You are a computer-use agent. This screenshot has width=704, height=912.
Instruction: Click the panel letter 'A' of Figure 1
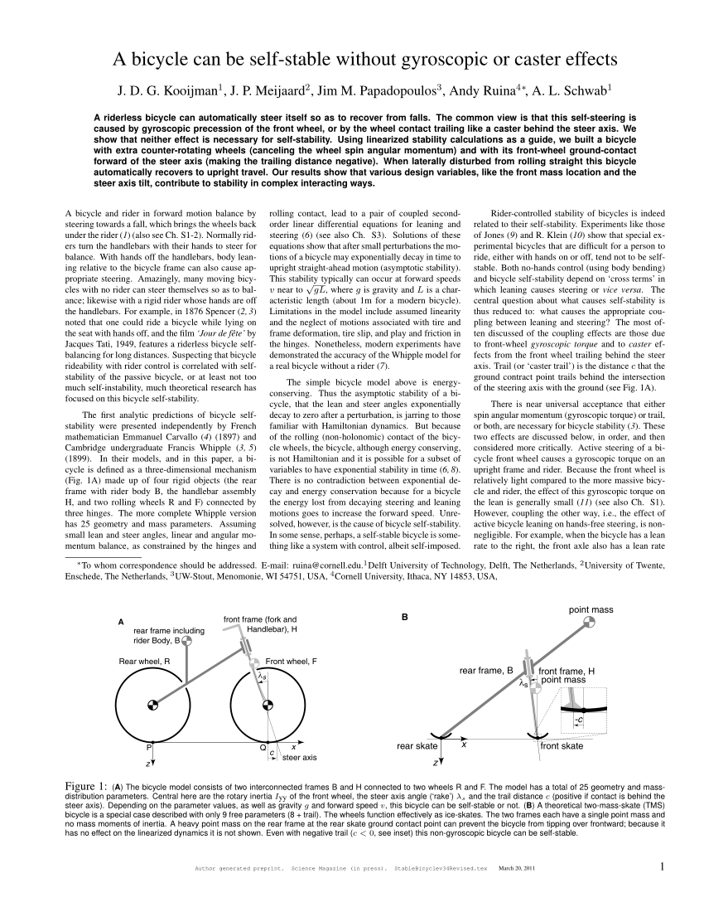pyautogui.click(x=121, y=623)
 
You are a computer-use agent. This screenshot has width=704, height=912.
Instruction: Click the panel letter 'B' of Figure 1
pyautogui.click(x=404, y=618)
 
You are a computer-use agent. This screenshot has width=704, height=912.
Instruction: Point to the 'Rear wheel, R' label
pyautogui.click(x=144, y=661)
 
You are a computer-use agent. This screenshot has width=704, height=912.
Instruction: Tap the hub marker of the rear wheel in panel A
pyautogui.click(x=152, y=706)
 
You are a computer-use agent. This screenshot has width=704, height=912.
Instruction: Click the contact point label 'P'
pyautogui.click(x=150, y=748)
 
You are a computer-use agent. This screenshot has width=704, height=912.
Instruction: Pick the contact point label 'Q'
pyautogui.click(x=263, y=748)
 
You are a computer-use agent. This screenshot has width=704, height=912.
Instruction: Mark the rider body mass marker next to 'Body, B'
pyautogui.click(x=187, y=640)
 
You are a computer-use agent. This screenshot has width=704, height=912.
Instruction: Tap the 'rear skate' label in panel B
pyautogui.click(x=417, y=746)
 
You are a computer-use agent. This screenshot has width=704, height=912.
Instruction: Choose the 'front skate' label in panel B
pyautogui.click(x=562, y=746)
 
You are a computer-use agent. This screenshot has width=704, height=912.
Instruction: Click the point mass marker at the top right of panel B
pyautogui.click(x=589, y=622)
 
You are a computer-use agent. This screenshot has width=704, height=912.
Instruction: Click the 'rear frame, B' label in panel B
pyautogui.click(x=487, y=671)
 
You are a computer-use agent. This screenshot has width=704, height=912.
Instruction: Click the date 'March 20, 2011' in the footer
pyautogui.click(x=517, y=869)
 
